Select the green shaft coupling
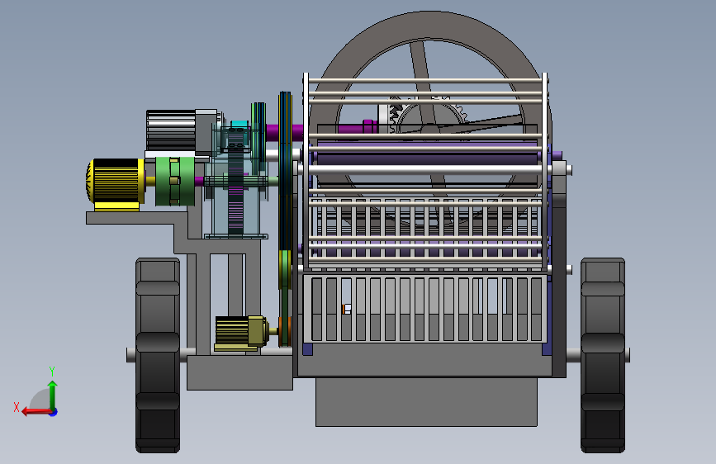(x=175, y=182)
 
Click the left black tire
(x=158, y=355)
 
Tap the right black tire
(x=603, y=355)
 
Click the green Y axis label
(x=52, y=371)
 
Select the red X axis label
(x=17, y=407)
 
